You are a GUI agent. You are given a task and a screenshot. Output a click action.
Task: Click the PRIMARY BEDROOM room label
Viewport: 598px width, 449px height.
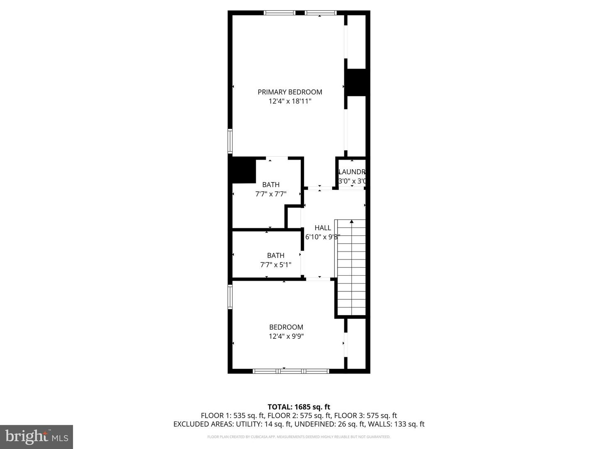pyautogui.click(x=290, y=92)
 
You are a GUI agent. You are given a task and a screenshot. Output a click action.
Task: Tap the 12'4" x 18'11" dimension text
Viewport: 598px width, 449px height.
pyautogui.click(x=290, y=101)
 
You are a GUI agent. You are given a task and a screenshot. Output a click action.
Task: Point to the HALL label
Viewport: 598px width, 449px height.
pyautogui.click(x=323, y=227)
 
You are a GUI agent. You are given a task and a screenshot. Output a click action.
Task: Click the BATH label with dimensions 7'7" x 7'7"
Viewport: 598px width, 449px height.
pyautogui.click(x=271, y=185)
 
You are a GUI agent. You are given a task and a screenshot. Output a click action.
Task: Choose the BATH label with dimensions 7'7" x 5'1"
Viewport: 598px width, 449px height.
pyautogui.click(x=276, y=255)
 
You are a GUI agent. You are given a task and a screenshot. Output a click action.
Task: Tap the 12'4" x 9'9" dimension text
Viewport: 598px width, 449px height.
pyautogui.click(x=286, y=336)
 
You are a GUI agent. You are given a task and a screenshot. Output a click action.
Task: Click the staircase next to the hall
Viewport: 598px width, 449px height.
pyautogui.click(x=351, y=268)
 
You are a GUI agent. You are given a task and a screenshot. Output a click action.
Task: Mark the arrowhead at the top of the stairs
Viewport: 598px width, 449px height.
pyautogui.click(x=352, y=222)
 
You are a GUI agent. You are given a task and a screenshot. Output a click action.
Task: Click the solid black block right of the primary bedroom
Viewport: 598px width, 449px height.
pyautogui.click(x=356, y=82)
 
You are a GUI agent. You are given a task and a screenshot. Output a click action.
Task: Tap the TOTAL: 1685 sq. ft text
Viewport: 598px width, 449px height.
pyautogui.click(x=299, y=407)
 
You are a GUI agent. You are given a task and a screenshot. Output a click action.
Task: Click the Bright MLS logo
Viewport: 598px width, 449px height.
pyautogui.click(x=37, y=437)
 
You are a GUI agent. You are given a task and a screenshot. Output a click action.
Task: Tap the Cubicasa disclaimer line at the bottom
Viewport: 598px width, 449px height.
pyautogui.click(x=299, y=437)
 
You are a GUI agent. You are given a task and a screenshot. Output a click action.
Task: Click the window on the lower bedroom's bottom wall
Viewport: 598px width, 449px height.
pyautogui.click(x=291, y=371)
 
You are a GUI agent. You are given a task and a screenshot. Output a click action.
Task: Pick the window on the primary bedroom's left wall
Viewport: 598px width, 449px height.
pyautogui.click(x=230, y=141)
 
